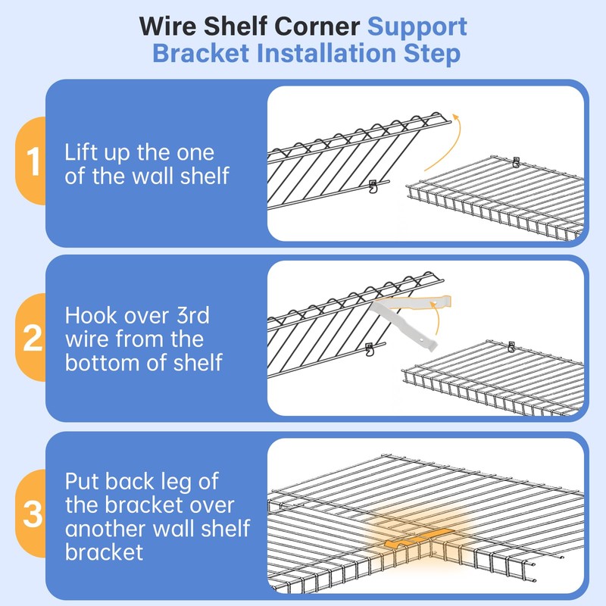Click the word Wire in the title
[167, 27]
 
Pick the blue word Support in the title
[417, 27]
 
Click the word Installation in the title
[328, 55]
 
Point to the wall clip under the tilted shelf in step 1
[372, 186]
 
